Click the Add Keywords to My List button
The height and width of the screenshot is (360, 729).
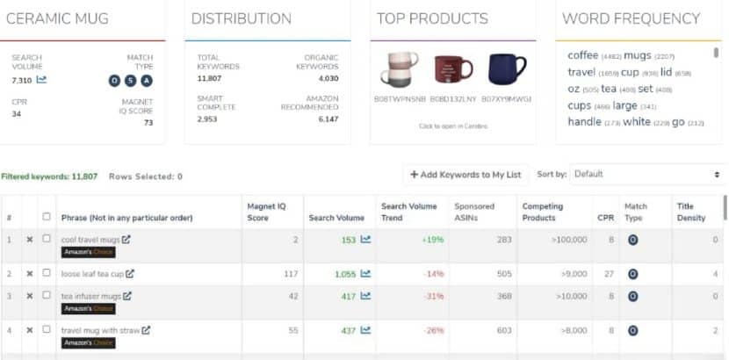pyautogui.click(x=465, y=174)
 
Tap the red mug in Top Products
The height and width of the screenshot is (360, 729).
pyautogui.click(x=453, y=68)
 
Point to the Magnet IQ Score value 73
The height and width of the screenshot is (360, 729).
pyautogui.click(x=148, y=122)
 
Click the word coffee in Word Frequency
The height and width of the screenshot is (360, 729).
pyautogui.click(x=582, y=55)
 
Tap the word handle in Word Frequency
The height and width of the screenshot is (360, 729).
pyautogui.click(x=585, y=122)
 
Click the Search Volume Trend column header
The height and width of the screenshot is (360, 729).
pyautogui.click(x=408, y=212)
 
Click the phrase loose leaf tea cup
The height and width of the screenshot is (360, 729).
pyautogui.click(x=92, y=274)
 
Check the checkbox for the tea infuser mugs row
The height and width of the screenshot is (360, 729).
pyautogui.click(x=47, y=296)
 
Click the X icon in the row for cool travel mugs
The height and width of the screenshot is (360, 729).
pyautogui.click(x=30, y=239)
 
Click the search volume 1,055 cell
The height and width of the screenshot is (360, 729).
pyautogui.click(x=345, y=274)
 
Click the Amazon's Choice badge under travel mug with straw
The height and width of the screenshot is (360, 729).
pyautogui.click(x=88, y=343)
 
